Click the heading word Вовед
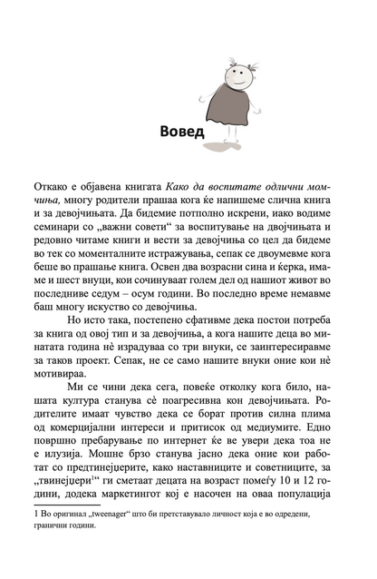(175, 127)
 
